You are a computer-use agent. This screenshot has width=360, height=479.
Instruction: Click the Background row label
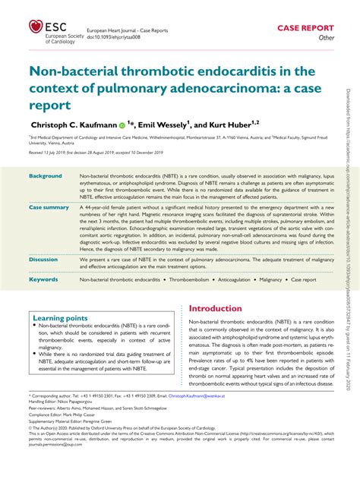(46, 175)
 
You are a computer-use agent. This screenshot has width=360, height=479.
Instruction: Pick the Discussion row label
(43, 259)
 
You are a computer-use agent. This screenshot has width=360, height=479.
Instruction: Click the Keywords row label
(43, 279)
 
